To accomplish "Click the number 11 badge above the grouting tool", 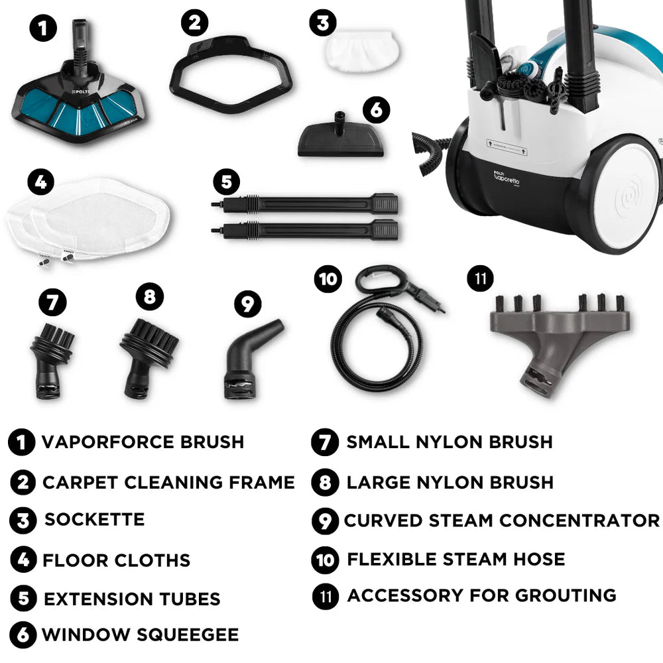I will pos(480,278).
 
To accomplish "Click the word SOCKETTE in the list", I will pos(94,520).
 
